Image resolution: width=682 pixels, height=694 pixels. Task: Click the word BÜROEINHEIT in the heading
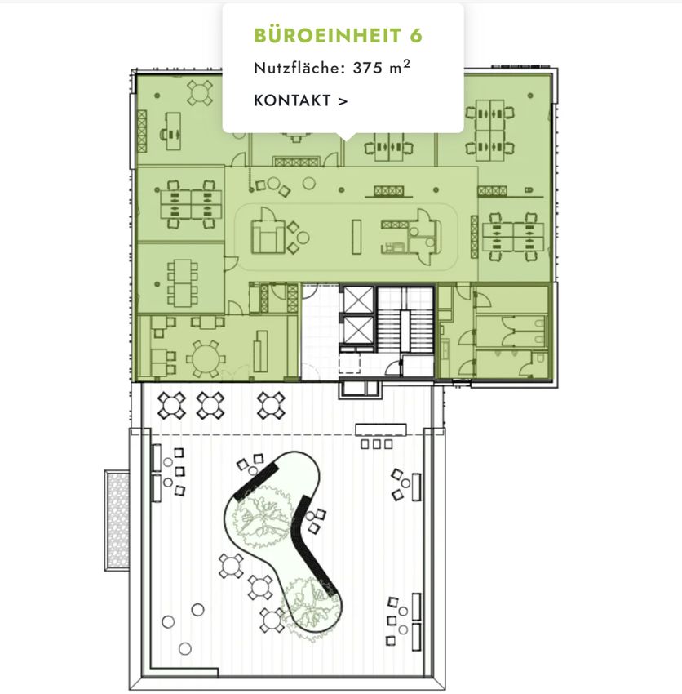click(328, 35)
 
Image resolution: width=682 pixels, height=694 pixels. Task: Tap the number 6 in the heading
click(416, 35)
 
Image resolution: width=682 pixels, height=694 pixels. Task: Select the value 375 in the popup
click(367, 68)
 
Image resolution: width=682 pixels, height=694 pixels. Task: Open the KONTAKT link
click(301, 100)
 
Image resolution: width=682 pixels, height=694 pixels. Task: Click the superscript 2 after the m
click(406, 65)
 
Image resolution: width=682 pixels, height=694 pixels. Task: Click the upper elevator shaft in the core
click(358, 299)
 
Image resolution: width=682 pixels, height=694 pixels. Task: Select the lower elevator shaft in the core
click(358, 330)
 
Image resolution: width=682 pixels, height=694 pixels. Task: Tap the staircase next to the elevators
click(405, 319)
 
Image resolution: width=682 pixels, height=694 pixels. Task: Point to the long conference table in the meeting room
click(182, 283)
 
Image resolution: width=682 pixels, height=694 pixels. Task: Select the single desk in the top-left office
click(173, 131)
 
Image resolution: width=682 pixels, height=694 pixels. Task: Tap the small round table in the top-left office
click(200, 93)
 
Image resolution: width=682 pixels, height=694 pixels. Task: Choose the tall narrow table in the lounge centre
click(356, 237)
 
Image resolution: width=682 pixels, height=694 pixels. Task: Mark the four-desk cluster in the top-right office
click(490, 130)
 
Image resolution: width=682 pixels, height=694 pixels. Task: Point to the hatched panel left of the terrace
click(117, 520)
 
